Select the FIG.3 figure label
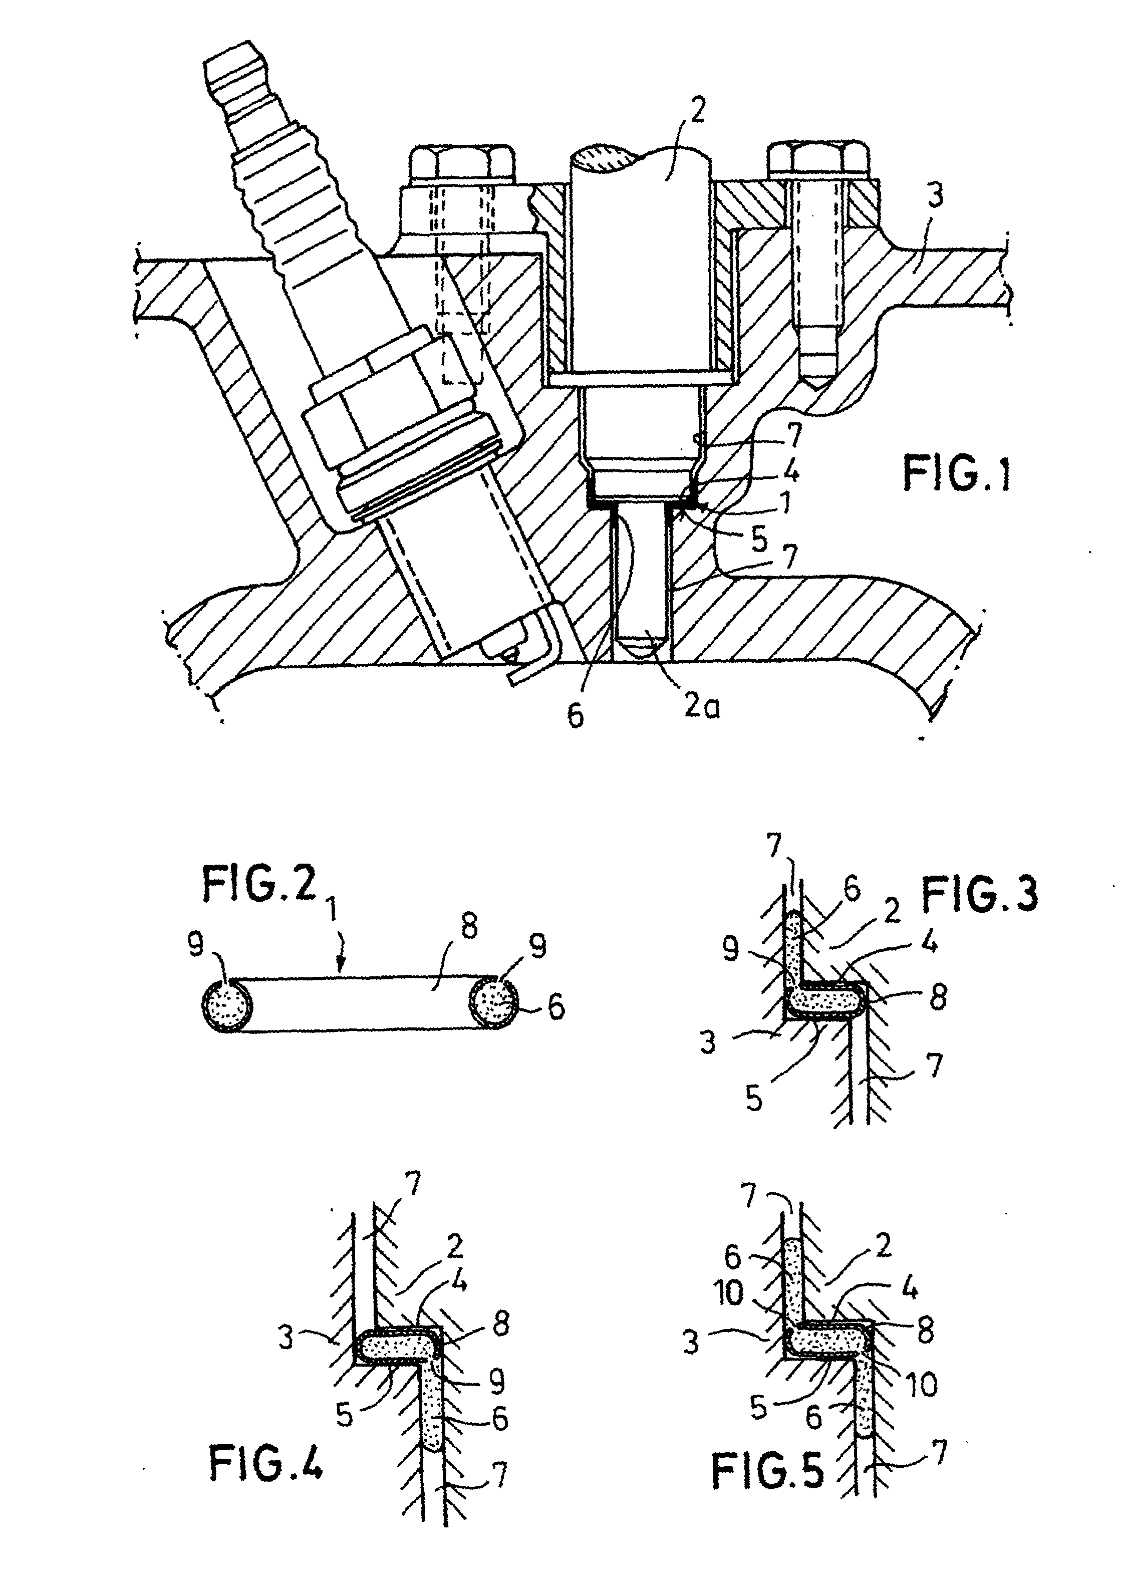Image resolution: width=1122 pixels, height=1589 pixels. tap(979, 894)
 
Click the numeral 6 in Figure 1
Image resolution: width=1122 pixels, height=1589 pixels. tap(575, 716)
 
